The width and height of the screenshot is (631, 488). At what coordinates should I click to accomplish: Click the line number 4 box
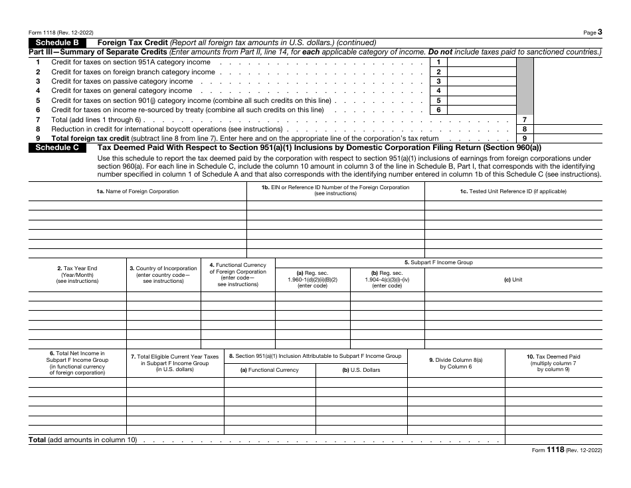(x=438, y=90)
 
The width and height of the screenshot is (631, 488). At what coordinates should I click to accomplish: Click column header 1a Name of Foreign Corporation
(x=137, y=191)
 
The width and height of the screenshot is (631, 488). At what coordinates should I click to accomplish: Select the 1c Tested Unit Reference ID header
(x=513, y=191)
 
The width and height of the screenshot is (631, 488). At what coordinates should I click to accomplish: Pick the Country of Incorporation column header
(x=163, y=274)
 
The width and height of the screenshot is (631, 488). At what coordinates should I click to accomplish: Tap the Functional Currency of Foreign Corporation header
(x=238, y=274)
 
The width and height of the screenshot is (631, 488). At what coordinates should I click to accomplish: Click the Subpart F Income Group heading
(x=438, y=262)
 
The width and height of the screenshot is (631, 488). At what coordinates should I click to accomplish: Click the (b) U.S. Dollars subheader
(x=361, y=370)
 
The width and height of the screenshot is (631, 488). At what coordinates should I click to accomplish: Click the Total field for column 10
(x=553, y=440)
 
